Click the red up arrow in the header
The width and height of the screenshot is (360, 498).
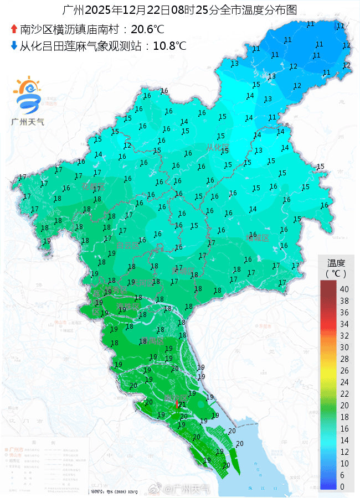[x=14, y=29]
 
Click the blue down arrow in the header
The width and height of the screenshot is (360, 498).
[x=14, y=45]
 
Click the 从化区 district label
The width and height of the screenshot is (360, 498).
[x=217, y=147]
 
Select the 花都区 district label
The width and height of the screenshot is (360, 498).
[x=93, y=186]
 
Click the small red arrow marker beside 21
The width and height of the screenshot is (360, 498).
[x=176, y=404]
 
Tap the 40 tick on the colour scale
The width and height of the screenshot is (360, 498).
[x=344, y=289]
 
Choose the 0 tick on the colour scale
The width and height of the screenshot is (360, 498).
[x=342, y=486]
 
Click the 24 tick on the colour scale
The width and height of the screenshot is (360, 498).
[x=344, y=382]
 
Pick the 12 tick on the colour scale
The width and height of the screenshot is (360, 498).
[x=344, y=452]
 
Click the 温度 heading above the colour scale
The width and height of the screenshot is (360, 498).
[x=336, y=263]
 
